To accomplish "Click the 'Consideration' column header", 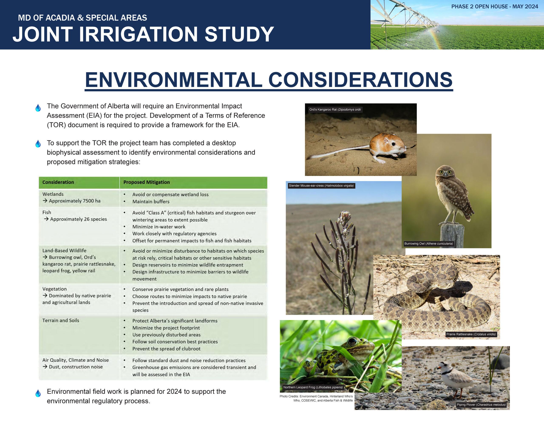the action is tap(58, 182).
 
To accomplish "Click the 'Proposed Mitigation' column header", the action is tap(146, 182).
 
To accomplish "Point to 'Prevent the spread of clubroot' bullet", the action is tap(166, 349).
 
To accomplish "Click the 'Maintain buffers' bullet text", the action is tap(151, 202).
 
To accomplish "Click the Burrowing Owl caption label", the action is tap(429, 243).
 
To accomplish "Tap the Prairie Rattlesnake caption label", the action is tap(471, 334).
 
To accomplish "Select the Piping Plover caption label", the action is tap(481, 405).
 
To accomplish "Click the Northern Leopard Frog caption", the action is tap(313, 387).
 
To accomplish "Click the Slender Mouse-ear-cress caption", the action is tap(321, 186).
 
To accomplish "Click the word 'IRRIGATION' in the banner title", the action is tap(139, 34).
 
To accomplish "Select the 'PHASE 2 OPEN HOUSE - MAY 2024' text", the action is tap(494, 7).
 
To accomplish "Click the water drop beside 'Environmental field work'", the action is tap(38, 393).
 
